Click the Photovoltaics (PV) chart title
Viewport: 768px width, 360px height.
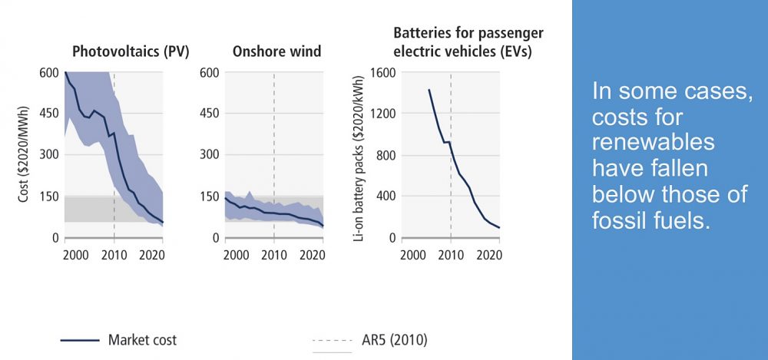point(131,52)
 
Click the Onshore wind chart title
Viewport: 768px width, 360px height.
point(276,52)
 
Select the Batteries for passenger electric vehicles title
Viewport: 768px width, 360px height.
point(468,43)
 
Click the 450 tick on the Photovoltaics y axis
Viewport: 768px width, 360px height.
point(48,114)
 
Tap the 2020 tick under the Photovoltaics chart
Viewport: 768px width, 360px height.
point(151,254)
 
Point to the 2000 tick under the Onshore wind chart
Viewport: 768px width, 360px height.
point(237,254)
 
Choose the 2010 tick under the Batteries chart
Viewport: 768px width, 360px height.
point(451,254)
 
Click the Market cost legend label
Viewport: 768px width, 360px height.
point(142,339)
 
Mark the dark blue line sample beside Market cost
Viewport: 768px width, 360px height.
point(78,339)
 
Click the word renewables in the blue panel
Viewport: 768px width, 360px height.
point(654,143)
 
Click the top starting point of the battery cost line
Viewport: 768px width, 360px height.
point(429,90)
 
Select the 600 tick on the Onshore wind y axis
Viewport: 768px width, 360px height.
point(210,73)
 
